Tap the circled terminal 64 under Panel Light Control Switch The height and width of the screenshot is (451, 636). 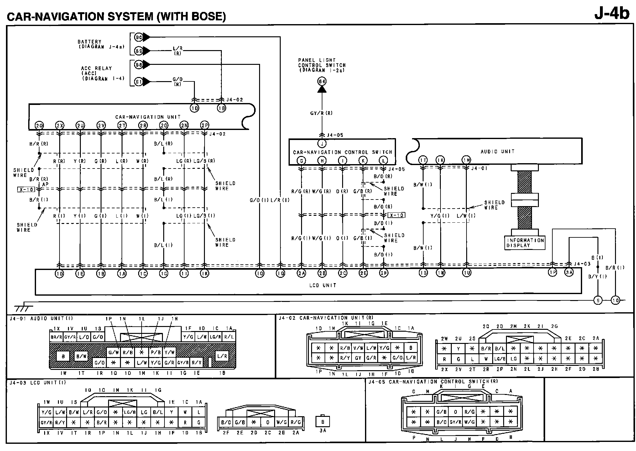pos(322,81)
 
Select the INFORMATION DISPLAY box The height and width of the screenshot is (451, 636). pos(525,243)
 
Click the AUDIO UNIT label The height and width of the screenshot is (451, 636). pos(498,152)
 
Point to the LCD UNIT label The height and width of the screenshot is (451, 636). pos(322,285)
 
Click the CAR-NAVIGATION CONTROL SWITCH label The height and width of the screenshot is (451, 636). pos(342,152)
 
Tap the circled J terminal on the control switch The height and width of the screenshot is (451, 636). pos(322,144)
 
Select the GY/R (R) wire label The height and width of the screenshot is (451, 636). pos(321,113)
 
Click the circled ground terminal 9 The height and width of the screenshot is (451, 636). pos(598,300)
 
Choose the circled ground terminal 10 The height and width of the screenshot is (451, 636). pos(615,300)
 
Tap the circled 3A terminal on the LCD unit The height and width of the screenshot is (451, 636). pos(569,272)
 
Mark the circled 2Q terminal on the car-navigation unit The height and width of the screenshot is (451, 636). pos(39,125)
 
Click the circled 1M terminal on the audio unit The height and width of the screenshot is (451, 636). pos(467,160)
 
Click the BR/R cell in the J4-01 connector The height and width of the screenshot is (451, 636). pos(56,337)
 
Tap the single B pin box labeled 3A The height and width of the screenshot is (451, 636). pos(322,422)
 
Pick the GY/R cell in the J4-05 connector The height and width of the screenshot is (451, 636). pos(456,422)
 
